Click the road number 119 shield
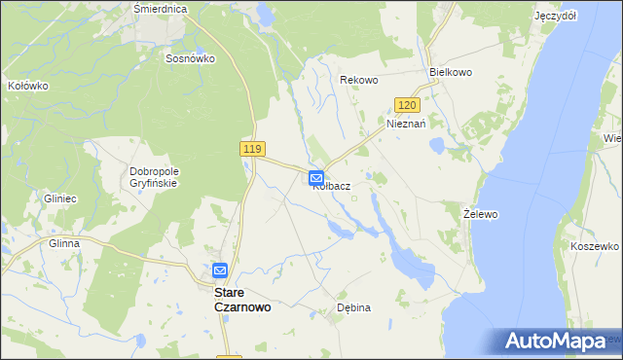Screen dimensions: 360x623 252,148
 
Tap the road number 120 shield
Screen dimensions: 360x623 408,105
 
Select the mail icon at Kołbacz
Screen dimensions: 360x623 317,178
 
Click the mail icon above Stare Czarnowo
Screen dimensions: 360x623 220,270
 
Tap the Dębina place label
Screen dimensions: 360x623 353,307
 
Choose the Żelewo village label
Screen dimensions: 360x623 481,212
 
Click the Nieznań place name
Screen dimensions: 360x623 407,125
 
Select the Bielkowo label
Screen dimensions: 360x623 451,73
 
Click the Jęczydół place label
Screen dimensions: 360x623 556,17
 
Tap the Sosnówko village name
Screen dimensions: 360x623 190,58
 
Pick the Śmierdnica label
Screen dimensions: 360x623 160,8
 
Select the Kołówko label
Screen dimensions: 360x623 27,86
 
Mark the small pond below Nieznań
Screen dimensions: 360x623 437,147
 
